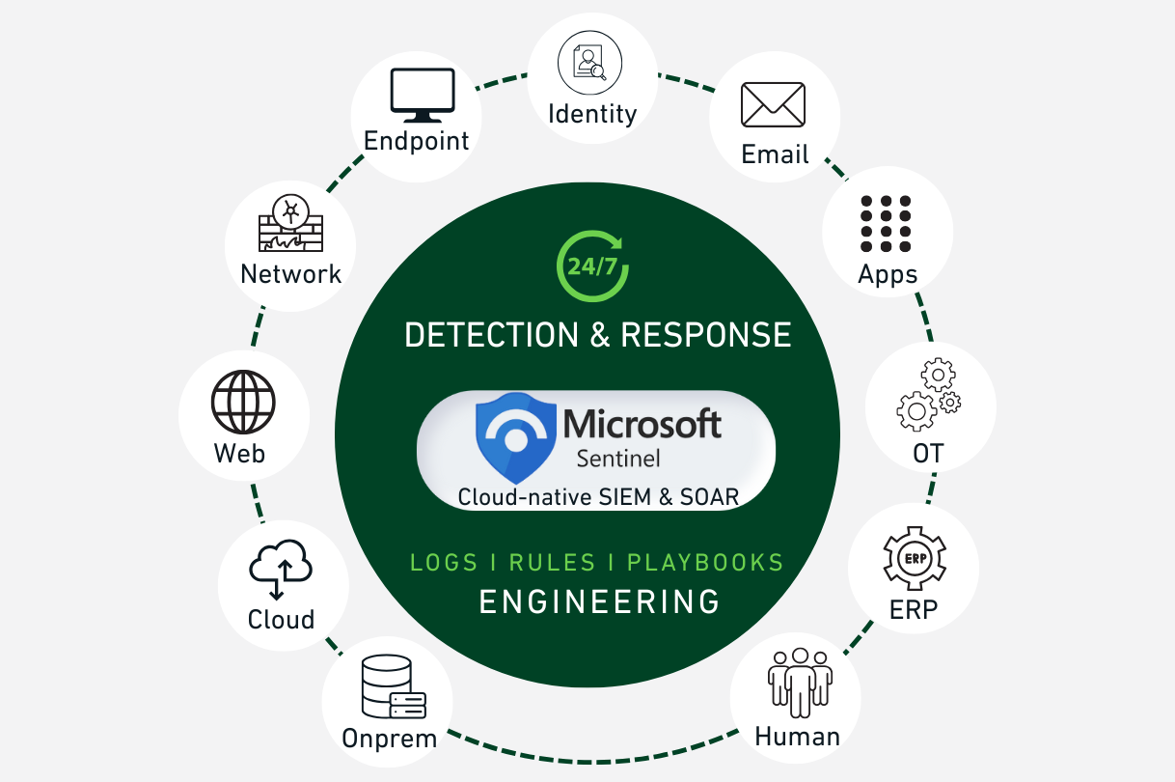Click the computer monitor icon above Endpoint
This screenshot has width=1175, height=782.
[x=422, y=96]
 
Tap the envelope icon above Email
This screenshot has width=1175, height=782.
[x=773, y=104]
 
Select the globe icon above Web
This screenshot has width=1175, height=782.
[x=243, y=403]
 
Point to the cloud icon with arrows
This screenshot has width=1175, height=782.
[x=281, y=570]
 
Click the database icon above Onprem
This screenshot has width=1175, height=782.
[x=392, y=687]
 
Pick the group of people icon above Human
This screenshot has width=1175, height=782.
[x=800, y=682]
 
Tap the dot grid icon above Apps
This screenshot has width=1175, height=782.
[x=886, y=224]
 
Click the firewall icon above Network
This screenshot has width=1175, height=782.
[x=290, y=224]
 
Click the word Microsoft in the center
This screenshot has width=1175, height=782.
[x=642, y=422]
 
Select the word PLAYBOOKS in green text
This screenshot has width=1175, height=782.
[x=705, y=562]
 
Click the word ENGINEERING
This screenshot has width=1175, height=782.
[x=599, y=601]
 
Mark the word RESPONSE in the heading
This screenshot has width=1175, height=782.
[x=706, y=335]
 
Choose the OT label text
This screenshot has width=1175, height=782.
[x=927, y=453]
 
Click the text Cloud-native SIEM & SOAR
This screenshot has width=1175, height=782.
[x=598, y=497]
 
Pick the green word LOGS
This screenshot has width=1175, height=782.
[x=444, y=562]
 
